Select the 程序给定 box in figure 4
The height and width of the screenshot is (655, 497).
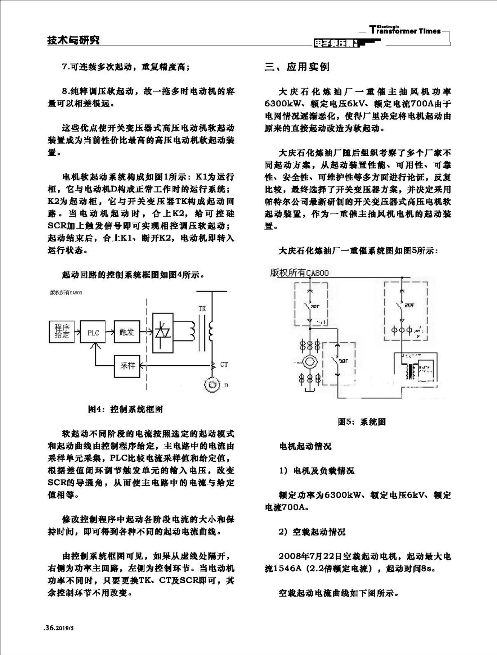click(x=62, y=331)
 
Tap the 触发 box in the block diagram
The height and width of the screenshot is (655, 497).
click(x=127, y=332)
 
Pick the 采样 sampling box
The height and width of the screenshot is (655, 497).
click(x=127, y=366)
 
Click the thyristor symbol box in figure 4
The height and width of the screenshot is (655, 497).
click(x=163, y=333)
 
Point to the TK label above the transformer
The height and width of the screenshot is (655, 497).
click(x=202, y=309)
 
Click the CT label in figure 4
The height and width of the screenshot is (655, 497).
click(x=224, y=365)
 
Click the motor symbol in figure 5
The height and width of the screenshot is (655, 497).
click(x=309, y=362)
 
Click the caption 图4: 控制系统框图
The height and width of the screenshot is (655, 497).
click(x=125, y=409)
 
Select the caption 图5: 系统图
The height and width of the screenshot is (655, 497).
click(x=362, y=422)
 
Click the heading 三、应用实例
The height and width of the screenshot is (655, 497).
click(x=297, y=67)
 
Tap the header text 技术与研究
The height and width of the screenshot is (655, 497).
click(x=73, y=40)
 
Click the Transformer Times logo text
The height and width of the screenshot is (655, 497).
click(x=405, y=31)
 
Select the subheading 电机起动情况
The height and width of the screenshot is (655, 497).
click(x=305, y=447)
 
